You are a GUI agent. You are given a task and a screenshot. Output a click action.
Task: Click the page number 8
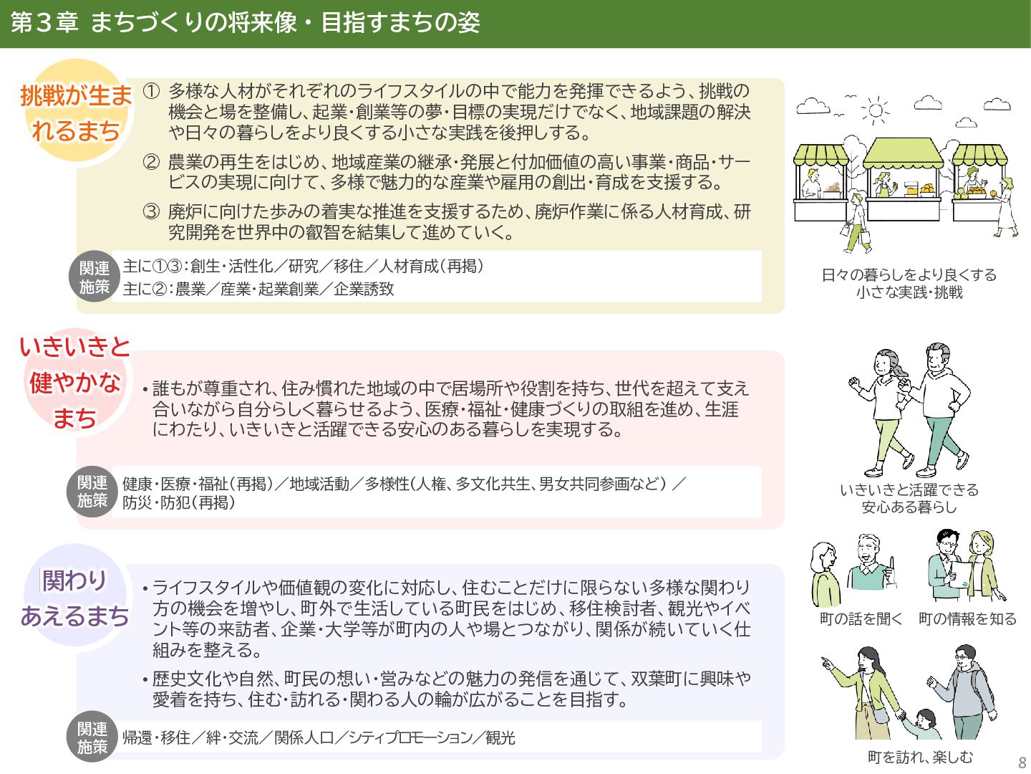click(1022, 762)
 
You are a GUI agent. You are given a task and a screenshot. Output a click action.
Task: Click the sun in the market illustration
click(875, 110)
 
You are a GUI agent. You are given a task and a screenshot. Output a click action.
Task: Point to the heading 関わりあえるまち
click(75, 598)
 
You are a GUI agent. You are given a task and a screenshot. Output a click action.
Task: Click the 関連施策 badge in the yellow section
click(95, 277)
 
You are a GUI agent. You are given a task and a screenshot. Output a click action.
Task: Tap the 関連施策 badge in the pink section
click(92, 492)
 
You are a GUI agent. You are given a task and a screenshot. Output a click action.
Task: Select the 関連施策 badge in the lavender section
click(92, 737)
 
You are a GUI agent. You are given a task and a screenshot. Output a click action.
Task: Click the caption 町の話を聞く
click(861, 618)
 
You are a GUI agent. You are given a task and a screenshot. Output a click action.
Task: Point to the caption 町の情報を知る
click(967, 618)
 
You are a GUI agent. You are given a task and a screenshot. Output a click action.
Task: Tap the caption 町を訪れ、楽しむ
click(920, 757)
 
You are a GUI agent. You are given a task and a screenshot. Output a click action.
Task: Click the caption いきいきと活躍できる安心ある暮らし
click(909, 498)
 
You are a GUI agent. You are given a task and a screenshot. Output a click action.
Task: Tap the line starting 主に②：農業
click(258, 289)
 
